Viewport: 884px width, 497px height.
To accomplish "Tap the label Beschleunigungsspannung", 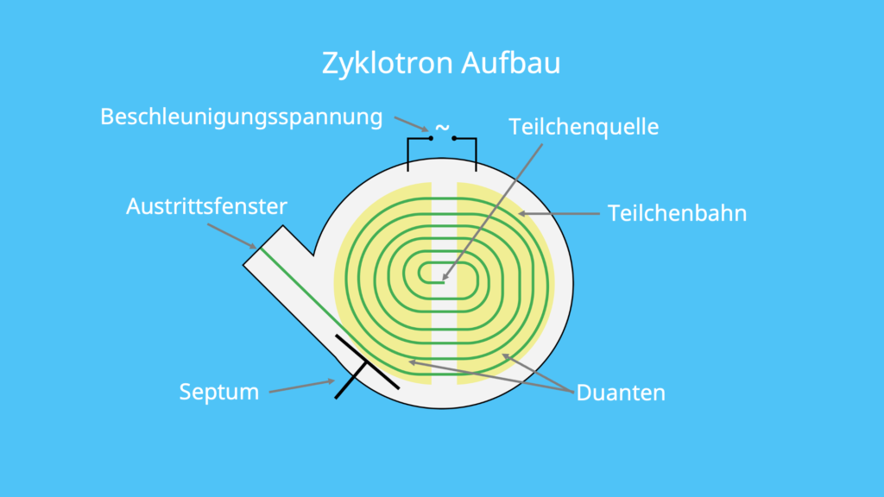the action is pos(241,116).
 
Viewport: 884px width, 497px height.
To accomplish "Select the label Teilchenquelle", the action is pos(584,127).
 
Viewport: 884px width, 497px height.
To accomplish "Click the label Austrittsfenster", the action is pos(206,207).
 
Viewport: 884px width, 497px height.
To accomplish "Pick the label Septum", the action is pos(218,392).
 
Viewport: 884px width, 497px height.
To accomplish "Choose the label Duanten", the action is pos(621,393).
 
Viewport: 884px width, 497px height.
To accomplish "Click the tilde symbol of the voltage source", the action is pos(442,127).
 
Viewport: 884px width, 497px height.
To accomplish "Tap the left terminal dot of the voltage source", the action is pos(430,138).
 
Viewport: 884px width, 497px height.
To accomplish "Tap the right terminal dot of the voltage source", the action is pos(454,138).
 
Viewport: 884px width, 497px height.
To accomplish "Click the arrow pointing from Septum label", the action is pos(301,386).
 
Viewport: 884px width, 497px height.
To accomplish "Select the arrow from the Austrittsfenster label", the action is pos(231,236).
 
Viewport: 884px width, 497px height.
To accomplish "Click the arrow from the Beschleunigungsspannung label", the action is pos(411,123).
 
